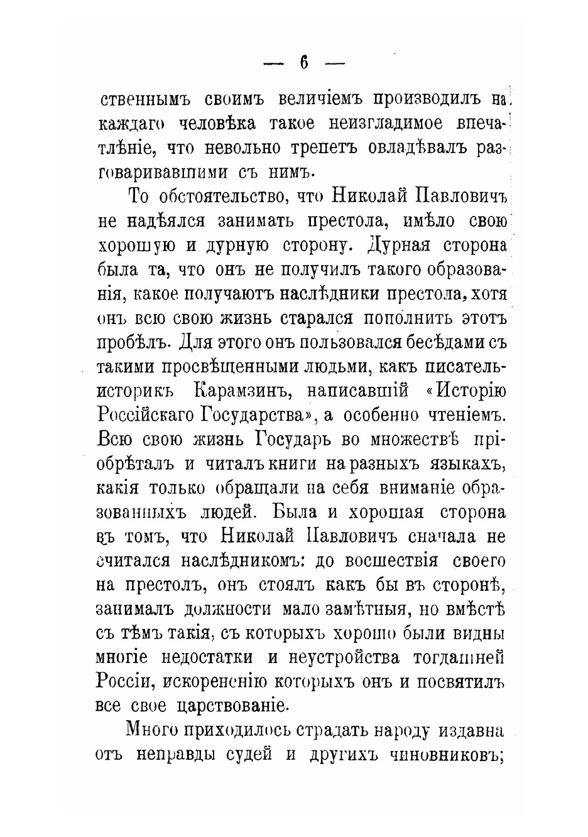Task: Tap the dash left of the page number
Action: (273, 63)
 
